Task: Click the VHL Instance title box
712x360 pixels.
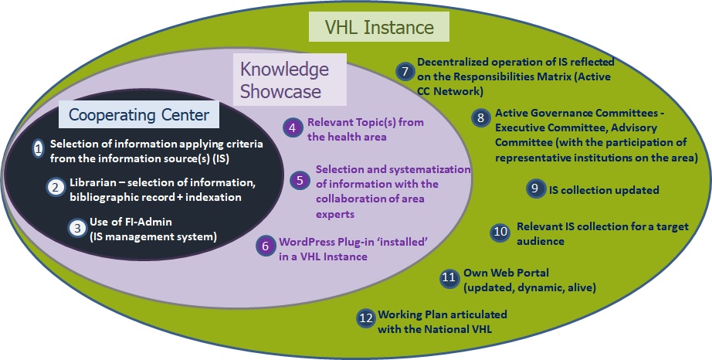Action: tap(378, 27)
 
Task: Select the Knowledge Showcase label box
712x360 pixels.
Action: tap(290, 80)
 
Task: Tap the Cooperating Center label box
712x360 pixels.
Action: tap(139, 114)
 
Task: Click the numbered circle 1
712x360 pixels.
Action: tap(39, 148)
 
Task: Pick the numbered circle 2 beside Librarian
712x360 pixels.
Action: tap(56, 188)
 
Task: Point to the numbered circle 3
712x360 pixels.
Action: tap(78, 227)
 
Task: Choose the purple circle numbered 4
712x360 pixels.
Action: tap(293, 128)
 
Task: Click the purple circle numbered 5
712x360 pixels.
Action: tap(300, 180)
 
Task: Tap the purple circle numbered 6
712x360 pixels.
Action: tap(266, 246)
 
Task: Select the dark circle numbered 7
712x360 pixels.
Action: tap(405, 71)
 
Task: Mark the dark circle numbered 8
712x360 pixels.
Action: tap(480, 118)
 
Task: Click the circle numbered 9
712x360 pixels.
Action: tap(535, 188)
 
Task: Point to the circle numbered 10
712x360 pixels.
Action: tap(500, 232)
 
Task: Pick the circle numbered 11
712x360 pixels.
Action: tap(449, 278)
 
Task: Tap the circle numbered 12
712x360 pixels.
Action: tap(366, 318)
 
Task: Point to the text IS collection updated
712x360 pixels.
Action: tap(604, 190)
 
